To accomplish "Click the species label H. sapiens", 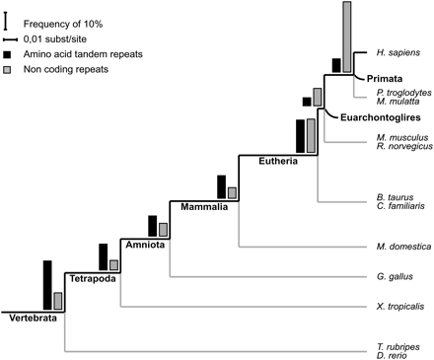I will [396, 50].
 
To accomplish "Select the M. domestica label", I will [398, 245].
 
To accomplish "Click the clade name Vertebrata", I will [33, 318].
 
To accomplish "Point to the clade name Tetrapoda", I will [92, 280].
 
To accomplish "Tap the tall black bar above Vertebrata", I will [47, 284].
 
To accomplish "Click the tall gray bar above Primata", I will [347, 37].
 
